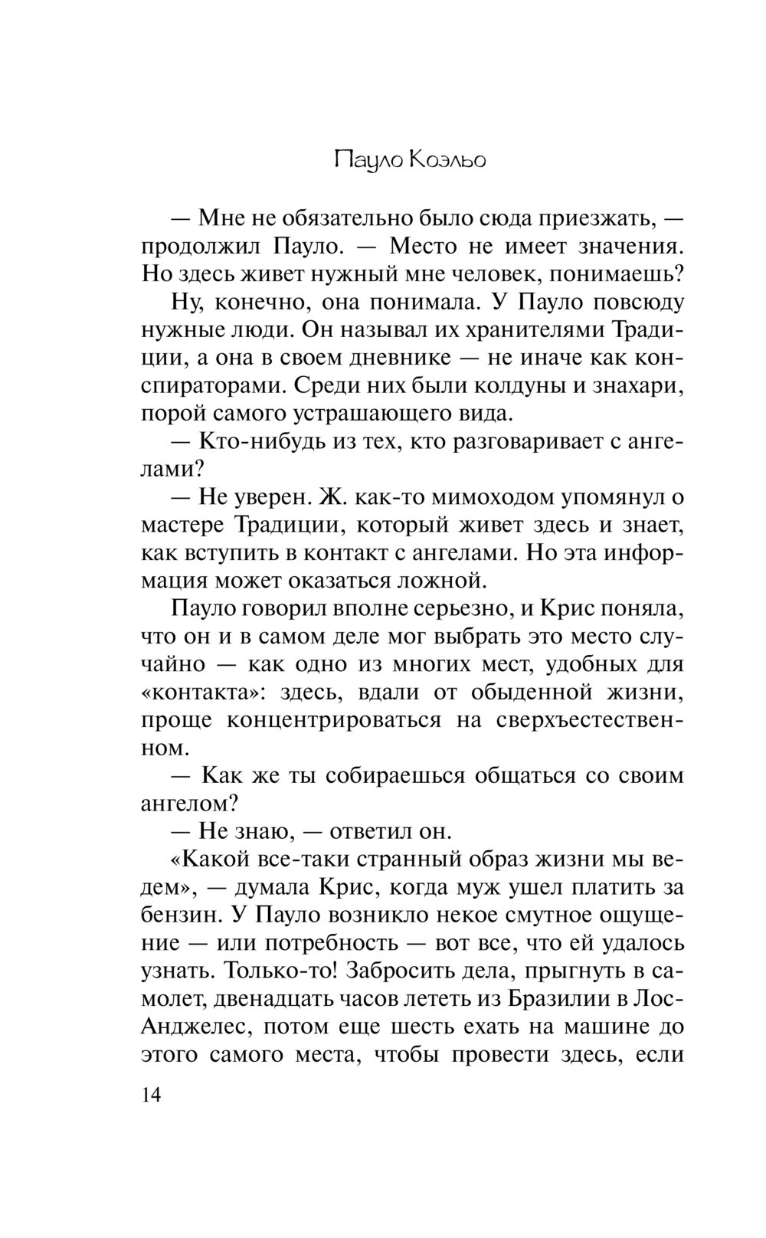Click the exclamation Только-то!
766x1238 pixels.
coord(279,971)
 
